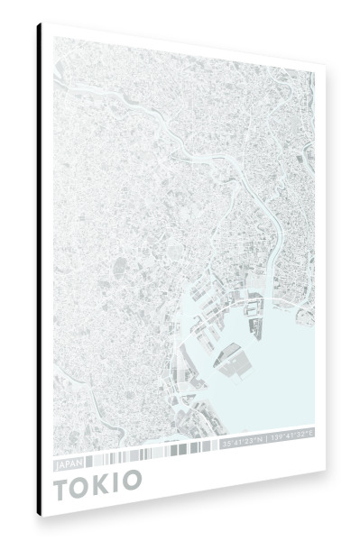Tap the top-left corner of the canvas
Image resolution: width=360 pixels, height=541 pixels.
pos(42,24)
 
